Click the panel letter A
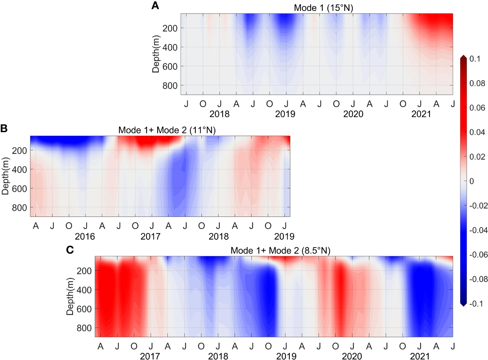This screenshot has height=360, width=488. (155, 6)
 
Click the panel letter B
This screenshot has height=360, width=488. (4, 128)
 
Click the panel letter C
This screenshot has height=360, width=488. (70, 250)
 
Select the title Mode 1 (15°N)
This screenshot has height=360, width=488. (323, 8)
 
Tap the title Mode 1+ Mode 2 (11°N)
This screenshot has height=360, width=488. (167, 130)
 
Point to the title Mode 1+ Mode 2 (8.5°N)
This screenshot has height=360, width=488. (280, 251)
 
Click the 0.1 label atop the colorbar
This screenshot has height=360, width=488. (475, 59)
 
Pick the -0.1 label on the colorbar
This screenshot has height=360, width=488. (476, 303)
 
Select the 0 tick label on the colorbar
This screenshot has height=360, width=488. (472, 181)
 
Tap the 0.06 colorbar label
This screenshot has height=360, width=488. (477, 108)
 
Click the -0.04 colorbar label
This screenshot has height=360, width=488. (478, 230)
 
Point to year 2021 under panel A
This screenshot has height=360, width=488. (421, 114)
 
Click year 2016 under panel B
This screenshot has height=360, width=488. (85, 236)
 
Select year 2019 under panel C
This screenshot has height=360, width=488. (286, 356)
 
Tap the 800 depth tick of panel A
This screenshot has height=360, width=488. (170, 86)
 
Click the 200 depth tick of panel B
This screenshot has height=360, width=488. (19, 151)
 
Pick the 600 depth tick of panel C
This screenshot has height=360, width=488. (84, 309)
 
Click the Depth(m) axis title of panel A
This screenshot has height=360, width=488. (156, 54)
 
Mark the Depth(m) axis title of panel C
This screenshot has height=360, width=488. (70, 296)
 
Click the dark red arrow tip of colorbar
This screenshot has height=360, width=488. (463, 57)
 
